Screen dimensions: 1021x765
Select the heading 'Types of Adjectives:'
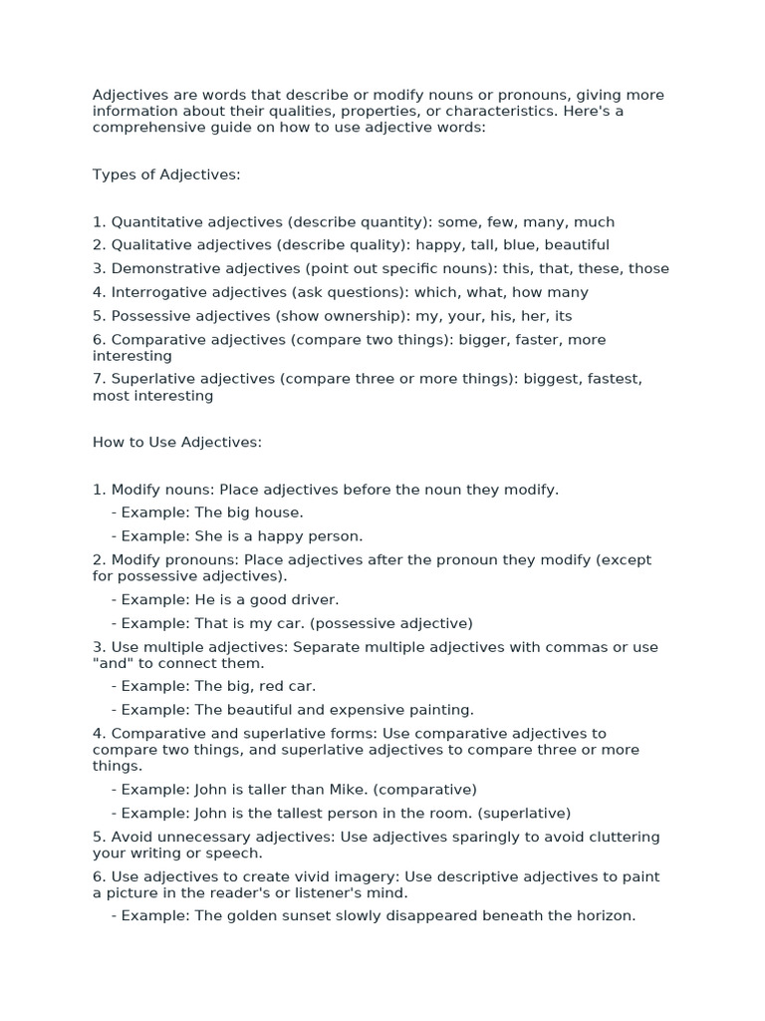coord(166,174)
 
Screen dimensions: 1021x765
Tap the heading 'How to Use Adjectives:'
coord(177,442)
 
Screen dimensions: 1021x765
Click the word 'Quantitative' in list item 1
coord(155,221)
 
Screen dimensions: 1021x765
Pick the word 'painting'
coord(440,710)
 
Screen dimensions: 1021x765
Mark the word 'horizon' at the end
coord(604,915)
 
